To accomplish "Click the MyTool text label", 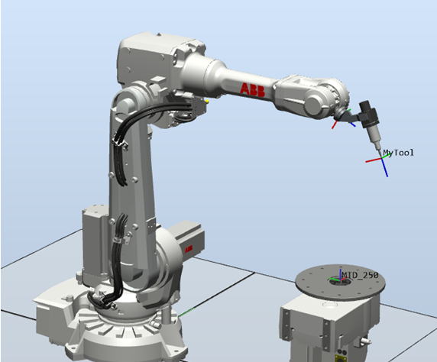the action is [398, 153].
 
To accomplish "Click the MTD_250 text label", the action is [360, 276].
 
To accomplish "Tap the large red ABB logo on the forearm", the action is [252, 89].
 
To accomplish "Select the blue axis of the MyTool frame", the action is [384, 168].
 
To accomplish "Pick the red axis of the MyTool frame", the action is [374, 160].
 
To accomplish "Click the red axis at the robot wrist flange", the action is [335, 124].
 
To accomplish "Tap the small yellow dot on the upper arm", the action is [207, 101].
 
